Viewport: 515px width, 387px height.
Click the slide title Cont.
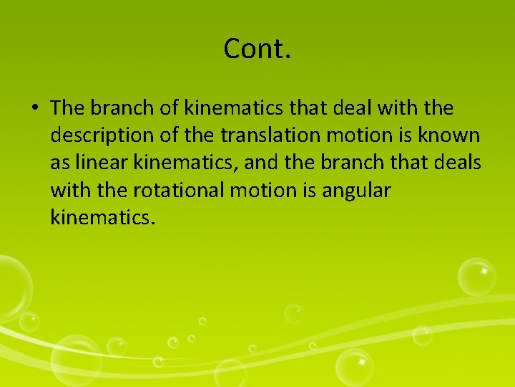coord(257,49)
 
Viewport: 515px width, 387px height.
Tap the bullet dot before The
coord(34,109)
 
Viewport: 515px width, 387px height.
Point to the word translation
coord(277,135)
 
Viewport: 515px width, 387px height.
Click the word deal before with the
coord(346,108)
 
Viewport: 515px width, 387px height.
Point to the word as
coord(59,163)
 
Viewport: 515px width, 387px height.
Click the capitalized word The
coord(68,108)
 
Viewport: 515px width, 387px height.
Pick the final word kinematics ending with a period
coord(102,217)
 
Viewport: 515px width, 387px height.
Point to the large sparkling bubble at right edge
coord(477,276)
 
